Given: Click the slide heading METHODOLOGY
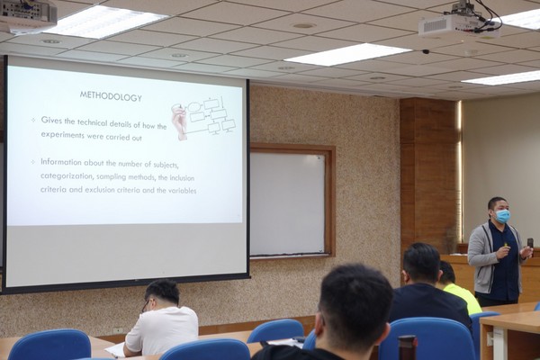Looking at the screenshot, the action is tap(111, 96).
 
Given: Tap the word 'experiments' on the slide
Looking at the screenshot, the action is tap(62, 135).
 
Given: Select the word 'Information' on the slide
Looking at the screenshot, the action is tap(61, 162).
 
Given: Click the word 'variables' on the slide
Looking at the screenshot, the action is tap(182, 191).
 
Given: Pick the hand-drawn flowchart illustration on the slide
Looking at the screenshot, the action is tap(203, 118).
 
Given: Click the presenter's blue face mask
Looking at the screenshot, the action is tap(502, 216).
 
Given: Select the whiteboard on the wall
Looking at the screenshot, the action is tap(287, 203).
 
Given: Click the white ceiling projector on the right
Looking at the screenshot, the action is tap(458, 23).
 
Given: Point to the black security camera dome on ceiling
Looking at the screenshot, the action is tap(426, 51).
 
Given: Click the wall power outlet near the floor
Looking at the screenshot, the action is tap(118, 330).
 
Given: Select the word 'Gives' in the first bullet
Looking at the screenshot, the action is tap(51, 121).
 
